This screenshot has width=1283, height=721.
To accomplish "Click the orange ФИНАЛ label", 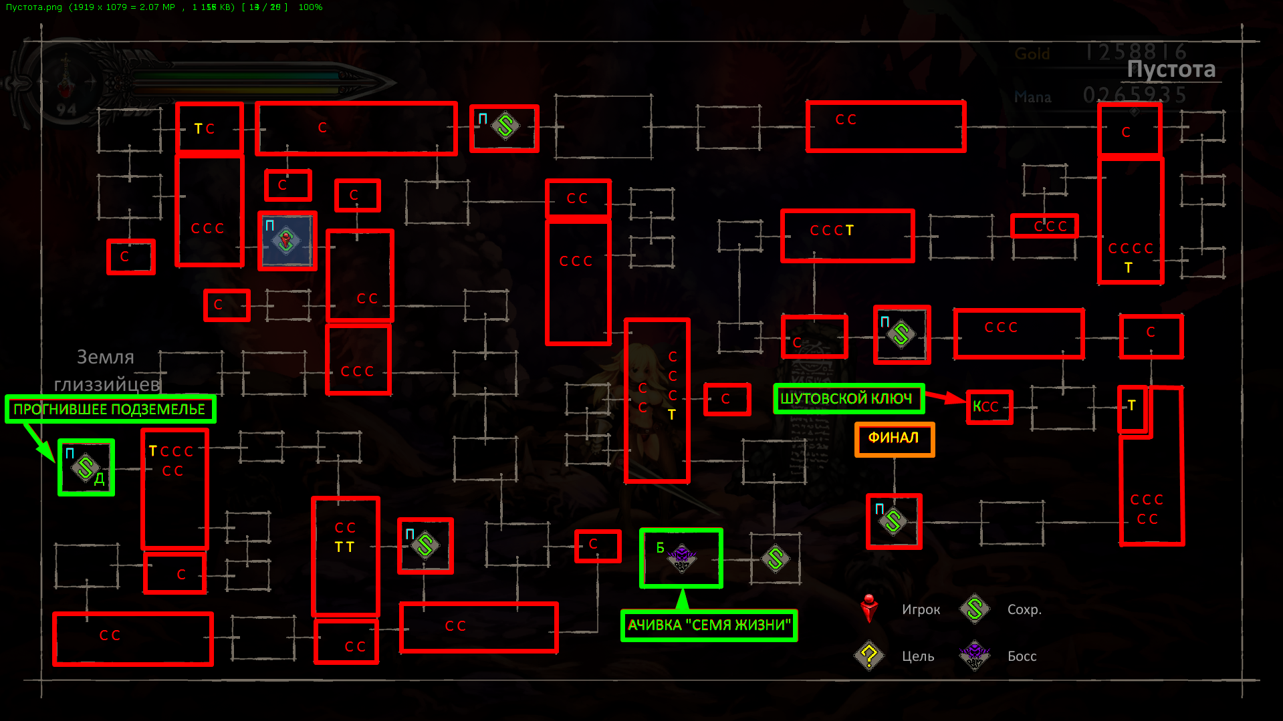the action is pyautogui.click(x=894, y=438).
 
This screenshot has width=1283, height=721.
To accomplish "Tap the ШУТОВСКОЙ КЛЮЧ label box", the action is pyautogui.click(x=848, y=399).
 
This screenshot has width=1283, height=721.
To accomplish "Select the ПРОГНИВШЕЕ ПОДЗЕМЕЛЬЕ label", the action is pyautogui.click(x=110, y=409).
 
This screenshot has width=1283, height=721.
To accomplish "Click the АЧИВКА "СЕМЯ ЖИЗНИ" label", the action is pyautogui.click(x=709, y=625).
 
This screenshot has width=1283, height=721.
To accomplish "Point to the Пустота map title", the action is pyautogui.click(x=1171, y=69).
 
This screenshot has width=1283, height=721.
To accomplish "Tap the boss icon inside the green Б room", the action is pyautogui.click(x=681, y=557).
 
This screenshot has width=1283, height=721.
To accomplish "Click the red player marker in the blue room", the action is pyautogui.click(x=286, y=241).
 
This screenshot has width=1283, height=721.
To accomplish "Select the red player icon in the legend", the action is pyautogui.click(x=869, y=608).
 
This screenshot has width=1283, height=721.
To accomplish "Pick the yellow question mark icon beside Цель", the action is pyautogui.click(x=869, y=656).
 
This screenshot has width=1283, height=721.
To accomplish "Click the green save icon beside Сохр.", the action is pyautogui.click(x=975, y=608).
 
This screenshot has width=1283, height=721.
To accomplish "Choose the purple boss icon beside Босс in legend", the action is pyautogui.click(x=974, y=655).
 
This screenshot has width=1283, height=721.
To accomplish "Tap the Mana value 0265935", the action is pyautogui.click(x=1135, y=96).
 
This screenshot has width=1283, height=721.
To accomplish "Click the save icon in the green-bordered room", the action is pyautogui.click(x=86, y=468).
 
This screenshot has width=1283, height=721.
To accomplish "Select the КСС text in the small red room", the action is pyautogui.click(x=985, y=407).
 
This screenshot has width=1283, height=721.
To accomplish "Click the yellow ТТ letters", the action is pyautogui.click(x=344, y=547).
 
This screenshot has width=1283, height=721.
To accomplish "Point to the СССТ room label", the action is pyautogui.click(x=832, y=231).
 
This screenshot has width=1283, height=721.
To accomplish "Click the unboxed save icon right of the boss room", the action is pyautogui.click(x=776, y=559).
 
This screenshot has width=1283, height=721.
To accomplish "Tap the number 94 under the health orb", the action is pyautogui.click(x=66, y=109).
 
